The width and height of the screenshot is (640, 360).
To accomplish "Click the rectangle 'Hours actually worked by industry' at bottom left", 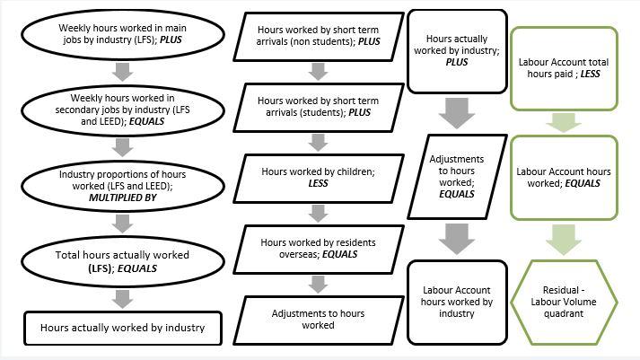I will (x=122, y=328).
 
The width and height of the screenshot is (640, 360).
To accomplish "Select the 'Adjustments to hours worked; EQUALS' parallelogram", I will (x=457, y=175).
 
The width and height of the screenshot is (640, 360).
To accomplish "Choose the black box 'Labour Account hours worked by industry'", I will (x=457, y=302).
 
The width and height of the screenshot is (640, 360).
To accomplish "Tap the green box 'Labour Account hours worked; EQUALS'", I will (x=565, y=177).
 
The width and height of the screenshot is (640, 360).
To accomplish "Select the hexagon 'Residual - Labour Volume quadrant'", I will (x=565, y=302).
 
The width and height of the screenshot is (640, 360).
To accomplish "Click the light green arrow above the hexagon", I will (x=565, y=240).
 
